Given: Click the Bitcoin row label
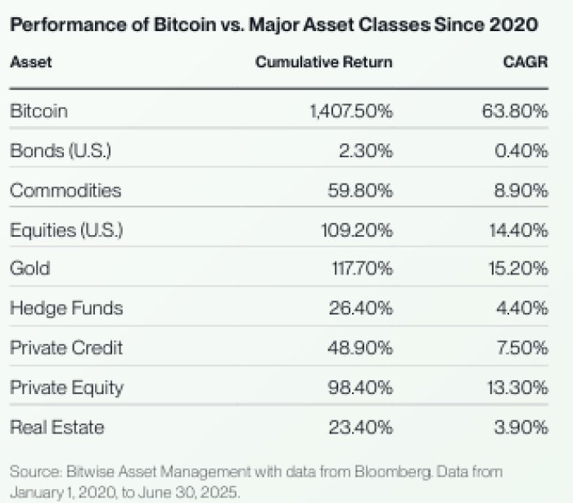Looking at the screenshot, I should click(38, 111).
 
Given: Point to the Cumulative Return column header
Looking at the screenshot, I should click(324, 62).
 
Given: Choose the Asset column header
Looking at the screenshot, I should click(30, 62).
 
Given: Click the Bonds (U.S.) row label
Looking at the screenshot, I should click(60, 151).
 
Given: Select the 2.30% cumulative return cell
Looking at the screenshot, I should click(366, 151).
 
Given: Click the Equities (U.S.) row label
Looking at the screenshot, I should click(66, 230).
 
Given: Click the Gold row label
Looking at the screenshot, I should click(29, 269).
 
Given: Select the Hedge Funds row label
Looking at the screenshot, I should click(66, 308).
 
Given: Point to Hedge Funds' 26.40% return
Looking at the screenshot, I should click(361, 308).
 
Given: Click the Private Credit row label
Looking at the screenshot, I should click(66, 347).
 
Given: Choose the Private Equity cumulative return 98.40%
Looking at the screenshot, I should click(361, 387).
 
